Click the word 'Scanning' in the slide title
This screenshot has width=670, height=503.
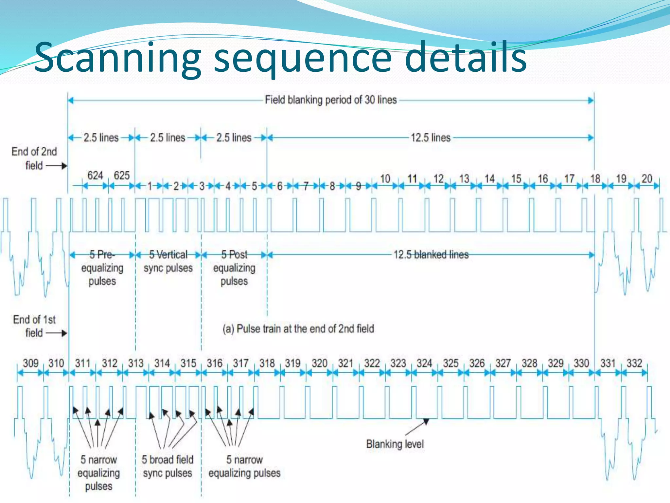tap(118, 58)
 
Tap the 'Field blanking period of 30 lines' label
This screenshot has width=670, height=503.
tap(331, 100)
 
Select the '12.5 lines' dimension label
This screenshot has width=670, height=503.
tap(431, 138)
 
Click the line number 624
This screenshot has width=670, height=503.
tap(95, 176)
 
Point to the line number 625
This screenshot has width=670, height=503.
tap(122, 176)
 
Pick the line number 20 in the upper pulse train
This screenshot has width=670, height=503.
tap(647, 179)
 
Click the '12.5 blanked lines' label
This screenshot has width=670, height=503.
tap(431, 255)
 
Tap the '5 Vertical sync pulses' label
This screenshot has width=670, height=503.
tap(168, 261)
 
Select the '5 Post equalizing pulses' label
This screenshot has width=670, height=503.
tap(234, 268)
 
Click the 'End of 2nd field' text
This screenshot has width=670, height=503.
tap(34, 158)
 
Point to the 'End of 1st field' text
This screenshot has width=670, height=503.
tap(34, 326)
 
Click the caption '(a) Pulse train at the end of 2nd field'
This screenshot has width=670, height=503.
tap(298, 329)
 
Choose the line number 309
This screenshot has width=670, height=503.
tap(30, 363)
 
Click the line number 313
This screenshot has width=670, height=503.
tap(136, 363)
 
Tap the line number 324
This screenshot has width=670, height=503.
tap(424, 363)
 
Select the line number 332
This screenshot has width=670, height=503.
tap(634, 363)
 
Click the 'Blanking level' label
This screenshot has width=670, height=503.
tap(395, 444)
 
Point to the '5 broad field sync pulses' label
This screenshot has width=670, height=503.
tap(167, 466)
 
